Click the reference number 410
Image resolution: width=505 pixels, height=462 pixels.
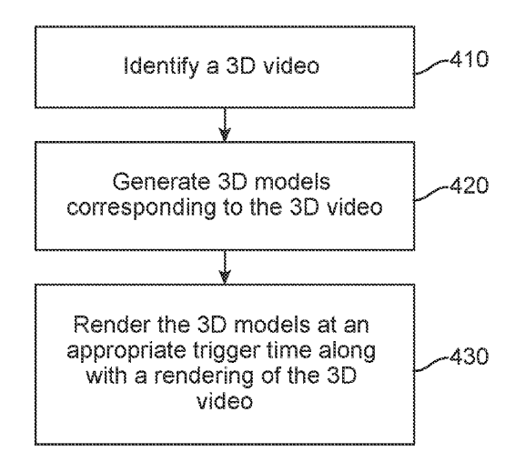(x=469, y=59)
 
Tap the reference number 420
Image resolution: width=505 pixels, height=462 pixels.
(x=469, y=186)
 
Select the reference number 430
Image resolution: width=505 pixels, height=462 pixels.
(x=469, y=357)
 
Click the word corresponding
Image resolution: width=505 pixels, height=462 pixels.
(x=141, y=208)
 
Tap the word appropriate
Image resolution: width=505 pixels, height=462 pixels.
(x=126, y=352)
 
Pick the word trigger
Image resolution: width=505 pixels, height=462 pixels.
(x=226, y=352)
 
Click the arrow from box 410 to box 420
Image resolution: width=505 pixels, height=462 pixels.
(x=225, y=125)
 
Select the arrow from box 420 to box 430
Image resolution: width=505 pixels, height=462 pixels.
(x=225, y=266)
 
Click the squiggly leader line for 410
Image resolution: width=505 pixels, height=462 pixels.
(x=431, y=66)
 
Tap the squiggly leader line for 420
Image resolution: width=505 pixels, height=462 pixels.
(x=431, y=193)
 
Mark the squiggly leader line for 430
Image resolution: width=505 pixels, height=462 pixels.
(x=431, y=364)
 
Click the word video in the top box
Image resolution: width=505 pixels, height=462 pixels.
(x=291, y=65)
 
